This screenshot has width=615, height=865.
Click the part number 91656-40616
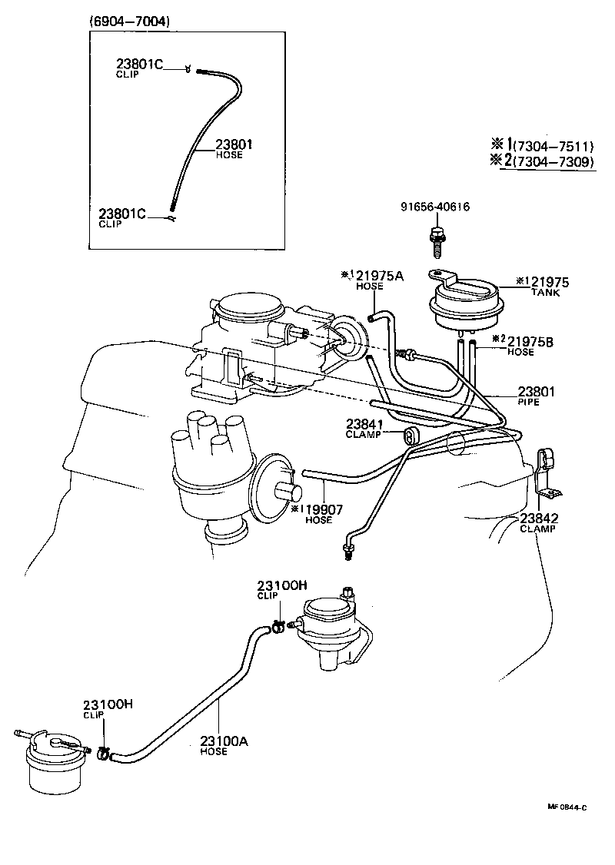(x=435, y=207)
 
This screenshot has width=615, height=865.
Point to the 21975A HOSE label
(x=372, y=280)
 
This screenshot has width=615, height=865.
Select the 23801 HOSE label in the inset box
(x=234, y=148)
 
